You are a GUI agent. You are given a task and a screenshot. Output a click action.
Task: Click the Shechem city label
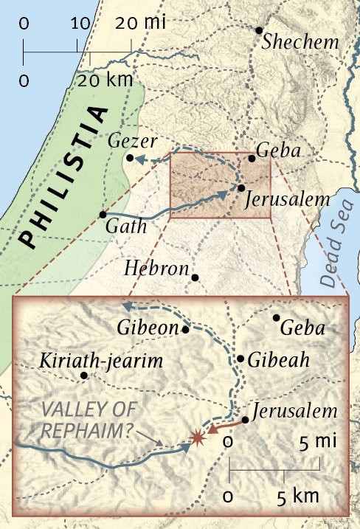[x=304, y=42]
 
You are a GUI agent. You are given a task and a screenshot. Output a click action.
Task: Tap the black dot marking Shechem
[x=259, y=30]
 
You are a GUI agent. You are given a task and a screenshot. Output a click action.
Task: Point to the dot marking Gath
[x=103, y=214]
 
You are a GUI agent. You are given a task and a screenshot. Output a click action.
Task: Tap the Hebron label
[x=158, y=267]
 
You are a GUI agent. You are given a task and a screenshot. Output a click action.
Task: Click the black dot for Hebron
[x=195, y=277]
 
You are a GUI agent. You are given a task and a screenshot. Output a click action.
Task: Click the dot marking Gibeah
[x=240, y=359]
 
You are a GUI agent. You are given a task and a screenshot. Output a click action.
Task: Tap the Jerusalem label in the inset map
[x=294, y=411]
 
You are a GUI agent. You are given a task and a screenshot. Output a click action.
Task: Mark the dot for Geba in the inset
[x=277, y=318]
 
